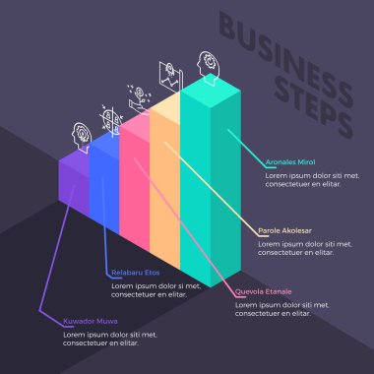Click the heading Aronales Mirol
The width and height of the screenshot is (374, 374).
(x=290, y=161)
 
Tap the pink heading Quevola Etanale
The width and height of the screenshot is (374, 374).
(x=263, y=291)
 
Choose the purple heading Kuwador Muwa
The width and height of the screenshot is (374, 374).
(x=91, y=321)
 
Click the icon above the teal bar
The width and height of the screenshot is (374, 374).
(x=207, y=61)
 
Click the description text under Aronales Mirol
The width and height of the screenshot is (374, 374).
(x=305, y=179)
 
